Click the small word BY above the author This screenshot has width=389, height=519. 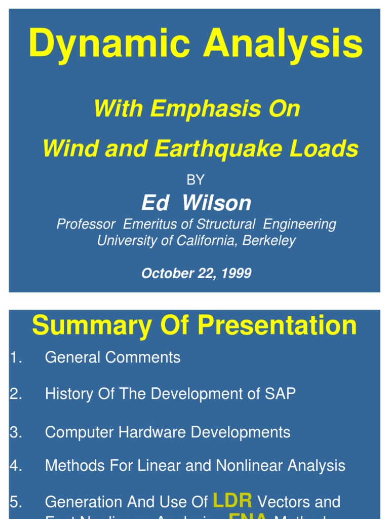(x=196, y=180)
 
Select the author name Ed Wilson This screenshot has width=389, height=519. (x=196, y=203)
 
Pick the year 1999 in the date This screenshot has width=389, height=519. (x=236, y=273)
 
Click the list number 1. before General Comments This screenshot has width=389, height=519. (x=15, y=357)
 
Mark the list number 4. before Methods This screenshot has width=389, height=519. (x=15, y=465)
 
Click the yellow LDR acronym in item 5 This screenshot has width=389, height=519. (x=232, y=501)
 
